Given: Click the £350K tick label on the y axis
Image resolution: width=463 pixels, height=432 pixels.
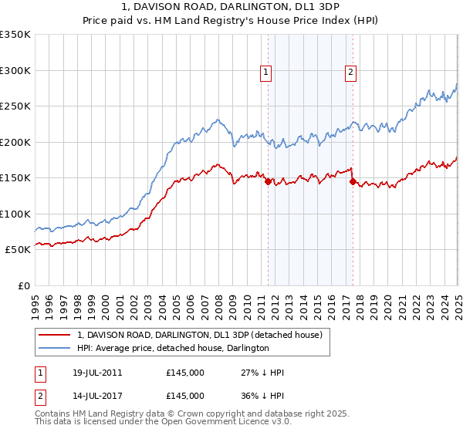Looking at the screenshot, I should pos(15,35).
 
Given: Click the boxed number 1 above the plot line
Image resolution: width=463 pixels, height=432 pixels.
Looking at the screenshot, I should pos(265,73).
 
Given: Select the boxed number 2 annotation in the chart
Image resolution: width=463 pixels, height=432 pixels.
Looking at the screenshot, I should pos(350,73).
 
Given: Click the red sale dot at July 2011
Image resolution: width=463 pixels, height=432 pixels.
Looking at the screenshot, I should pos(268,182).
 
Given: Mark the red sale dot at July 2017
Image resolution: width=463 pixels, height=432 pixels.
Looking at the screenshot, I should pos(353,182).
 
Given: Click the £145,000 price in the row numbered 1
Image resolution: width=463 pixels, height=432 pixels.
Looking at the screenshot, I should pos(184,373).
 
